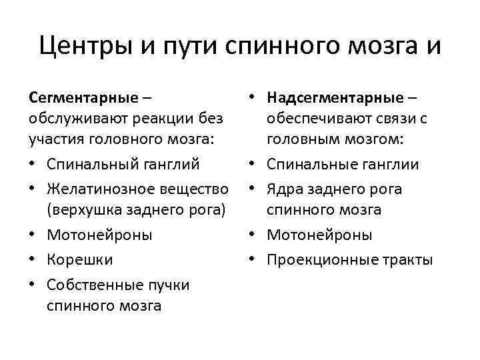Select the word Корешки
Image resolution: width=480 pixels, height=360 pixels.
79,259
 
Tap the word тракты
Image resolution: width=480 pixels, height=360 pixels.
409,259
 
